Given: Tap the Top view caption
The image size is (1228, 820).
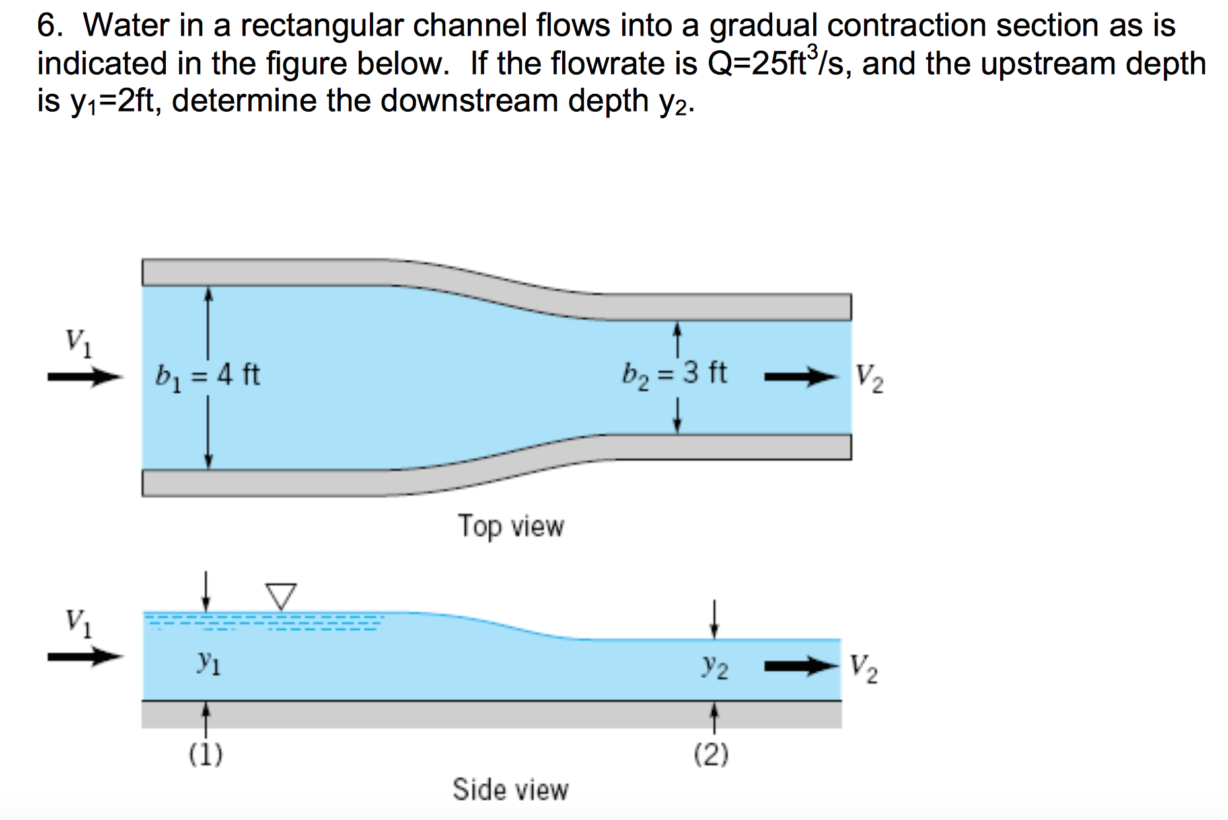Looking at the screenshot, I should (511, 527).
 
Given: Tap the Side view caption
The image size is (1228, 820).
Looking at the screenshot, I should (510, 790).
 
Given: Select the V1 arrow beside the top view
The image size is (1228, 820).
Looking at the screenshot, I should (85, 377).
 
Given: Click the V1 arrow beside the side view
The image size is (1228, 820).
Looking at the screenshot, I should (85, 657).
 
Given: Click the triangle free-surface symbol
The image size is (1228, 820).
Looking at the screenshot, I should (281, 595).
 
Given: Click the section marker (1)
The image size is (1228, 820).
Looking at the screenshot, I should (206, 754).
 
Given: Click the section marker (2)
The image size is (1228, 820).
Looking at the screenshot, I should (711, 754).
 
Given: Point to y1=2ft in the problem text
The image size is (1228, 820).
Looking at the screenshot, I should (116, 101).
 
